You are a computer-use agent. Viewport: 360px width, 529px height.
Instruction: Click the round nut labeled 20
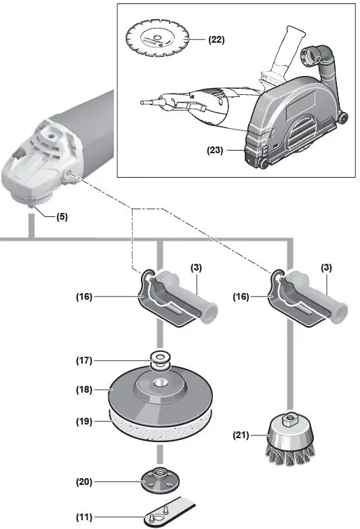pyautogui.click(x=161, y=481)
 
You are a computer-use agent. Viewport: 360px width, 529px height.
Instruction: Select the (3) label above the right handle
pyautogui.click(x=327, y=269)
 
